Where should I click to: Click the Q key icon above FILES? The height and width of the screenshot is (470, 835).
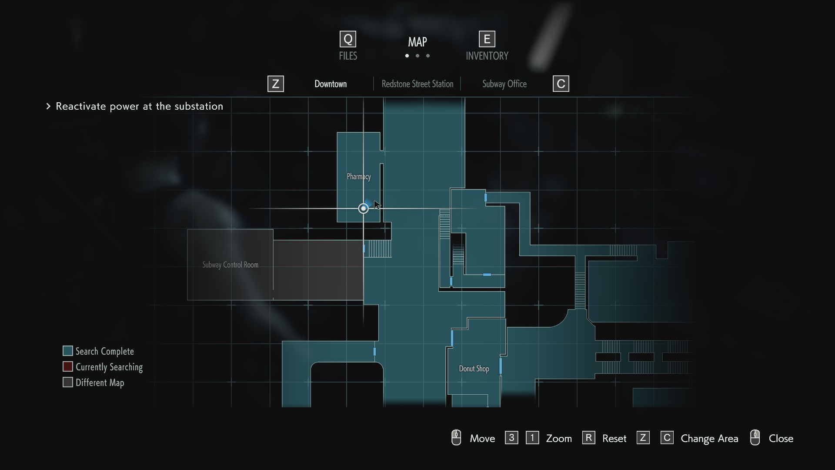[x=348, y=39]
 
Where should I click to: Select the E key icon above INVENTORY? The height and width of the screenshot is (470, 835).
[x=487, y=39]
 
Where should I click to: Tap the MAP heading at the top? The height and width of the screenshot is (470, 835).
[x=417, y=42]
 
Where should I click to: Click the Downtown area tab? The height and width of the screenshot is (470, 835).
[x=331, y=84]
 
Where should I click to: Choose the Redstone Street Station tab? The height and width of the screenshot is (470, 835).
[x=417, y=84]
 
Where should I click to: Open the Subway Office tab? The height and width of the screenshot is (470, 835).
[x=504, y=84]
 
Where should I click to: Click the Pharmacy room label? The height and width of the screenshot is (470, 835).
[x=359, y=177]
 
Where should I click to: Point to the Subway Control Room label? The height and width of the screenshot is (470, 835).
[x=230, y=265]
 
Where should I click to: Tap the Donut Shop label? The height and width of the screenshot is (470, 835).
[x=474, y=369]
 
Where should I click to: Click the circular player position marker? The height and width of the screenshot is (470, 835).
[x=363, y=208]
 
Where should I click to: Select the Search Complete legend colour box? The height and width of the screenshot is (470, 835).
[x=67, y=351]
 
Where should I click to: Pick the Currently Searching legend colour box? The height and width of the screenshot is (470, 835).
[x=67, y=366]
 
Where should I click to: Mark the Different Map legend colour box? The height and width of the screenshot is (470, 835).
[x=67, y=382]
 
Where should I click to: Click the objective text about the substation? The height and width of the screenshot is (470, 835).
[x=140, y=106]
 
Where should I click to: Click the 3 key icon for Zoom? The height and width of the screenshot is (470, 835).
[x=511, y=437]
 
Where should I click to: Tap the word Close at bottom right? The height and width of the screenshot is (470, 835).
[x=781, y=438]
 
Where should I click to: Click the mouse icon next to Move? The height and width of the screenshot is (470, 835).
[x=456, y=437]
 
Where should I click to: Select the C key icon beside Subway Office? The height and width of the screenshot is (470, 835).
[x=561, y=84]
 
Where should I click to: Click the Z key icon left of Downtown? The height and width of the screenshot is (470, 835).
[x=276, y=84]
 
